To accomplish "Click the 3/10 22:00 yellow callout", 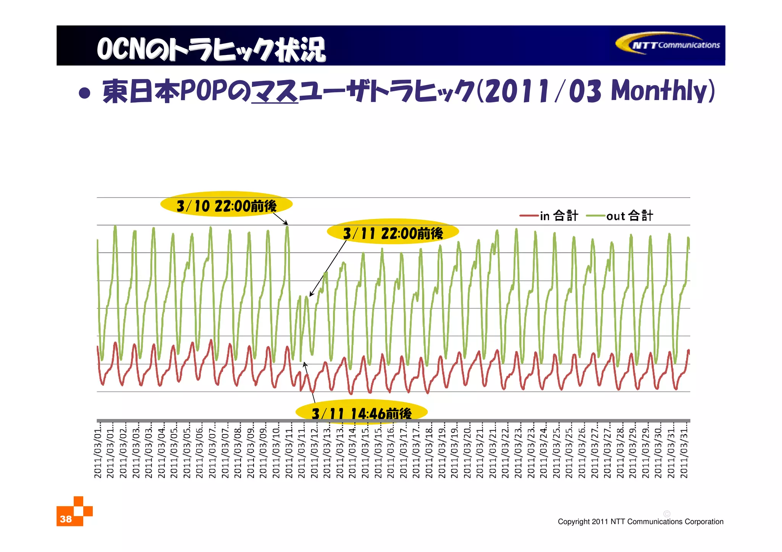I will (226, 205).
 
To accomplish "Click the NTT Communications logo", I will (668, 44).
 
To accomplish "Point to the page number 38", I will (66, 519).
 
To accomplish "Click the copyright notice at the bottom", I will (640, 521).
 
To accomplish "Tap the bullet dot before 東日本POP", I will (84, 93).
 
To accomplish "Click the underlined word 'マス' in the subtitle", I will (275, 92).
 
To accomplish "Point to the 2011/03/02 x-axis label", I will (123, 450).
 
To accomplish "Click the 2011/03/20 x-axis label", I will (467, 450).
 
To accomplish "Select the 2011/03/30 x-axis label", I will (658, 450).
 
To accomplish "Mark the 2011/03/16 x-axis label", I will (390, 450).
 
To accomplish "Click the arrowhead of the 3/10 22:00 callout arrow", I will (287, 224).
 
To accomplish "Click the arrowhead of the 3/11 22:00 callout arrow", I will (310, 295).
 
